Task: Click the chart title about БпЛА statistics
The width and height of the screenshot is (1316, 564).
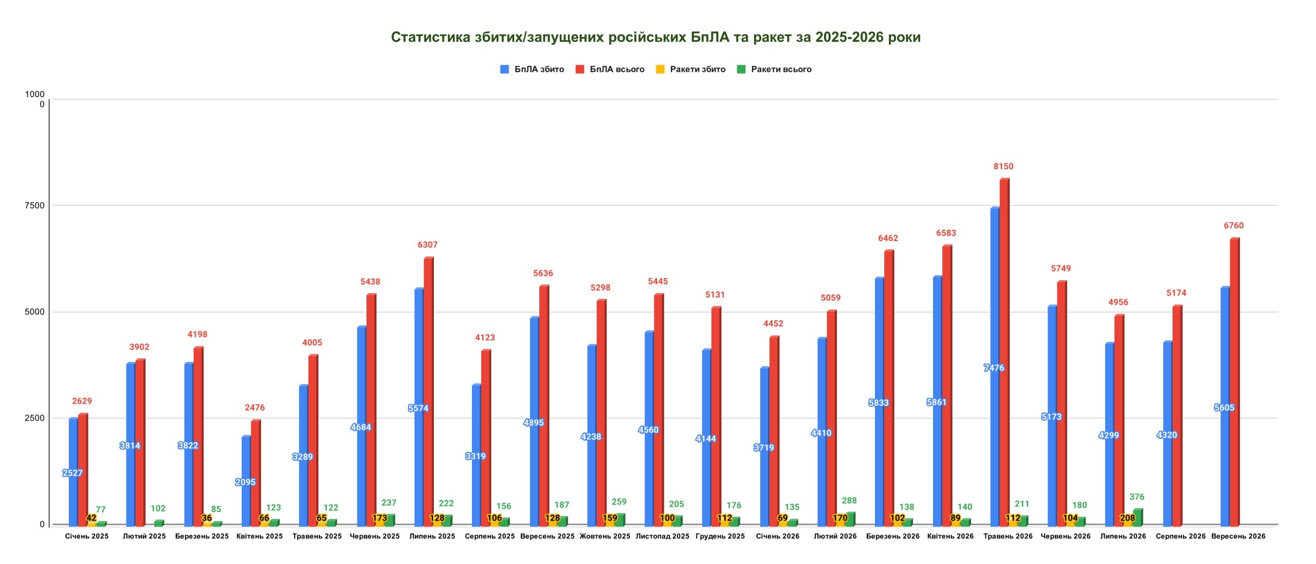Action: click(x=655, y=37)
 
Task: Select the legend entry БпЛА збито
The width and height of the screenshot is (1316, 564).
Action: click(x=532, y=69)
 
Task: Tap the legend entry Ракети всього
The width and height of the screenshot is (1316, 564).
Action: click(x=774, y=69)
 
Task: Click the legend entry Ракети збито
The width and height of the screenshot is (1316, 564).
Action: click(x=690, y=69)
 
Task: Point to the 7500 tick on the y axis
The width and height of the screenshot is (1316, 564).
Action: click(x=34, y=206)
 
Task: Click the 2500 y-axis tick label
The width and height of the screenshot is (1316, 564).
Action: click(x=34, y=418)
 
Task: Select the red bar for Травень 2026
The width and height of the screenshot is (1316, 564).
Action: click(x=1004, y=352)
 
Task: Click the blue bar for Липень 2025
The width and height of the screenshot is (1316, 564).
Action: click(x=419, y=407)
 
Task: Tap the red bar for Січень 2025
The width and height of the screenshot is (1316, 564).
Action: click(x=83, y=470)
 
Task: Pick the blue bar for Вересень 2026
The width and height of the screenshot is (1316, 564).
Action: click(x=1225, y=407)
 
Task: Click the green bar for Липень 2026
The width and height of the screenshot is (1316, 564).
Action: click(x=1138, y=517)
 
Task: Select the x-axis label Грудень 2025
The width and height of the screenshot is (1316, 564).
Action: click(x=720, y=536)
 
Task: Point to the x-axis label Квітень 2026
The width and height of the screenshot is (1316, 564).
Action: click(x=950, y=536)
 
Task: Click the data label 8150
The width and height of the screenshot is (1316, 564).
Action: click(x=1003, y=167)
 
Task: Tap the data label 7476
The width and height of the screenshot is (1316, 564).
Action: click(x=994, y=368)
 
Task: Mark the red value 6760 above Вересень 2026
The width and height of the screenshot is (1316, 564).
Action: click(x=1233, y=226)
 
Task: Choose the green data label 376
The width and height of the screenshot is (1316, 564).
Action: click(x=1137, y=497)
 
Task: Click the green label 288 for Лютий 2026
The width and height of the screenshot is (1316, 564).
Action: click(x=849, y=501)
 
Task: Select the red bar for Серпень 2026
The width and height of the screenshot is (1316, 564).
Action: click(x=1177, y=416)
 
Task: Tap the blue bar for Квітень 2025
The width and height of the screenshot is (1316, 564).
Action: click(x=246, y=481)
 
